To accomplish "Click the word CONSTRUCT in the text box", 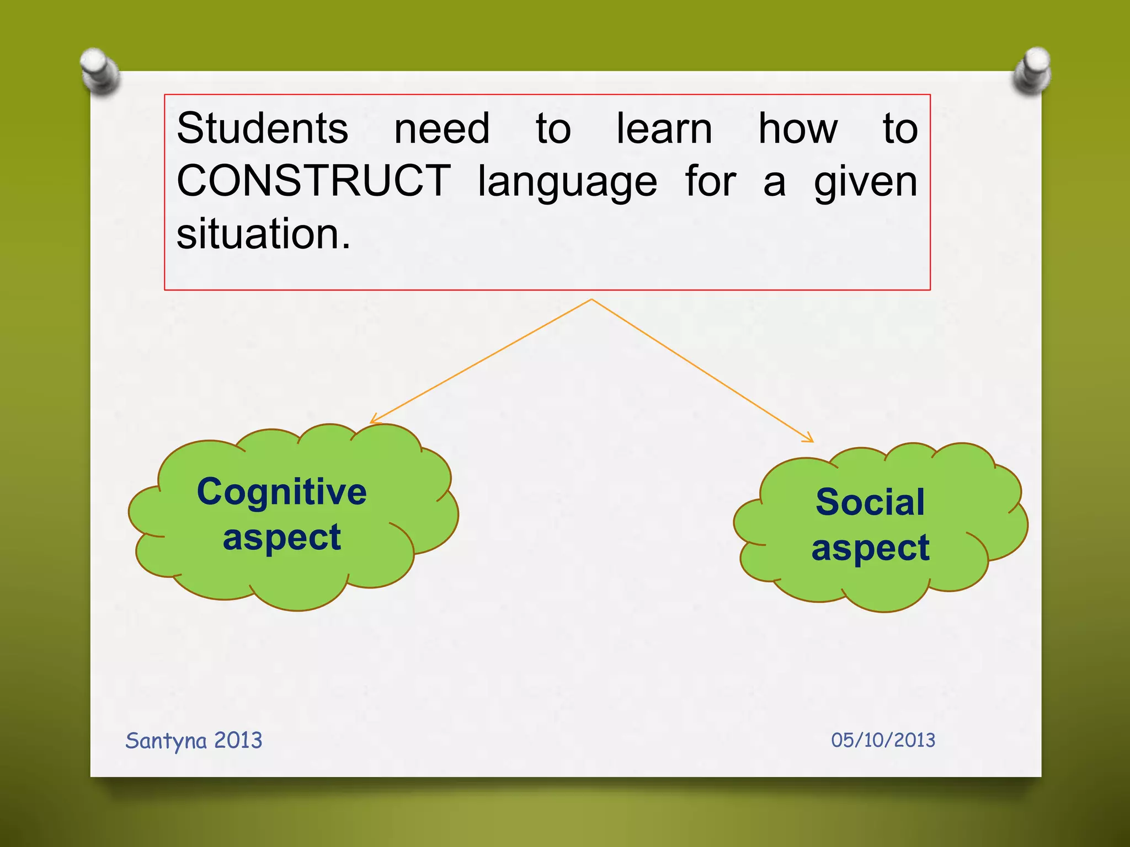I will pos(313,181).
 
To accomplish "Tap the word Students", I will pos(262,128).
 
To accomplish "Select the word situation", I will pos(263,234).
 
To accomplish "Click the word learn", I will pos(664,128).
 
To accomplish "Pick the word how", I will pos(798,128).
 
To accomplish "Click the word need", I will pos(441,128).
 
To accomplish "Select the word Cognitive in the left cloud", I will pos(282,492).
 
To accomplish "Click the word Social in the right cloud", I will pos(870,502).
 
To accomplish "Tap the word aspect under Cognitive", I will pos(282,538).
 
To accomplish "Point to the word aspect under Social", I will pos(870,548).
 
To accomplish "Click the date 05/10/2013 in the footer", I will pos(883,740).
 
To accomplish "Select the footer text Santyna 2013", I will pos(194,741).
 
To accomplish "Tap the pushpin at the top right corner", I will pos(1032,71).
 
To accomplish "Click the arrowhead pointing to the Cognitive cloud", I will pos(374,421).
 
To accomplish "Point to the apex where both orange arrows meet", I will pos(591,300).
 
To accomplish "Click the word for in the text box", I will pos(711,182).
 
